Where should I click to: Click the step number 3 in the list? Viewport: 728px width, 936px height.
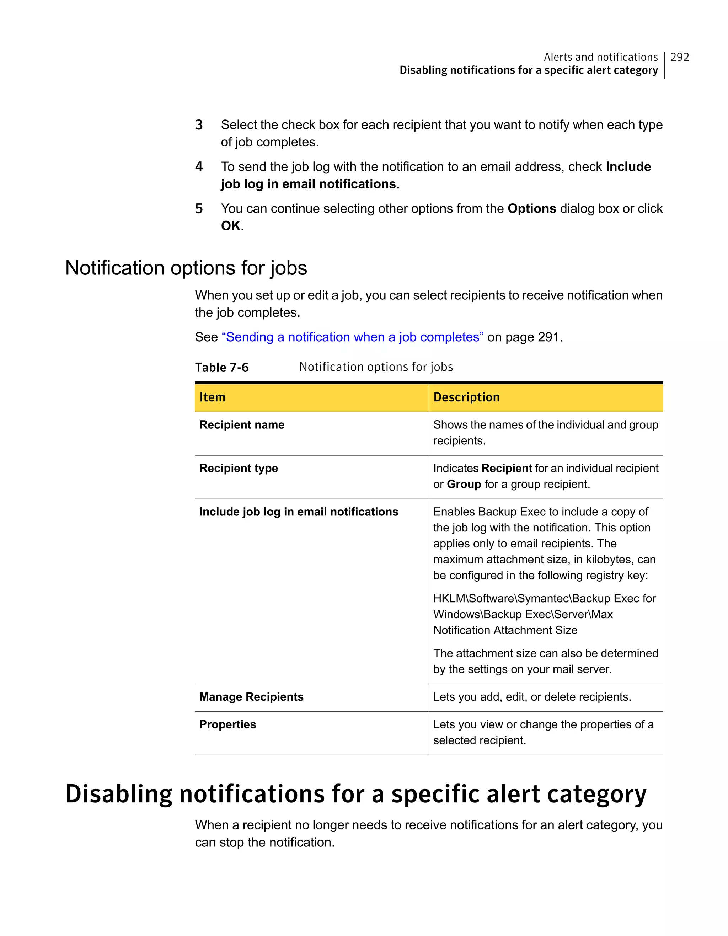click(x=199, y=125)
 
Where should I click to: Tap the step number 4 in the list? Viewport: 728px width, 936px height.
click(x=199, y=167)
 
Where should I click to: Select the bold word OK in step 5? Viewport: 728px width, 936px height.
click(x=231, y=225)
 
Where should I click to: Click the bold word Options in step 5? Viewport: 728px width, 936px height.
click(x=531, y=208)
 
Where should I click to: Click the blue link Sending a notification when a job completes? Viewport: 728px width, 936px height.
click(x=352, y=337)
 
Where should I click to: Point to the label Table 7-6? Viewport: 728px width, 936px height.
click(x=221, y=367)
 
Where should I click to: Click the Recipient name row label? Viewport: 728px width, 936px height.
click(x=242, y=425)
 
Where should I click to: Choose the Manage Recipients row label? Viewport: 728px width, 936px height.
click(x=251, y=697)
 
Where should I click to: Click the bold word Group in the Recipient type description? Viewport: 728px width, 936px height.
click(x=464, y=484)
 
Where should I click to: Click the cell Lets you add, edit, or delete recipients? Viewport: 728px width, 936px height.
click(x=532, y=697)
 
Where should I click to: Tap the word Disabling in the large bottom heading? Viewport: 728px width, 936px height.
click(x=119, y=794)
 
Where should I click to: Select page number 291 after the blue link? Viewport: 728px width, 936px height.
click(x=548, y=337)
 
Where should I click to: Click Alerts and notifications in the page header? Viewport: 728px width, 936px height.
click(x=600, y=57)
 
